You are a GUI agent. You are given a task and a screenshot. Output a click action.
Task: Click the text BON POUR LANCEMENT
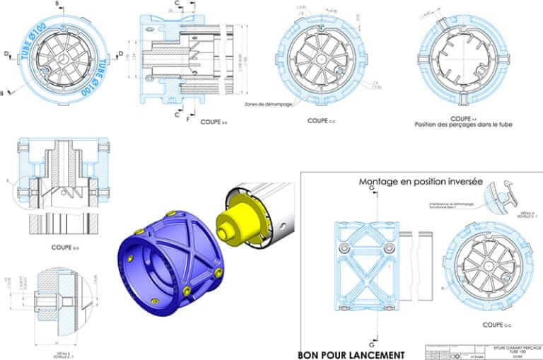351,354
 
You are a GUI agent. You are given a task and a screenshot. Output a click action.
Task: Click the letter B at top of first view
57,4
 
